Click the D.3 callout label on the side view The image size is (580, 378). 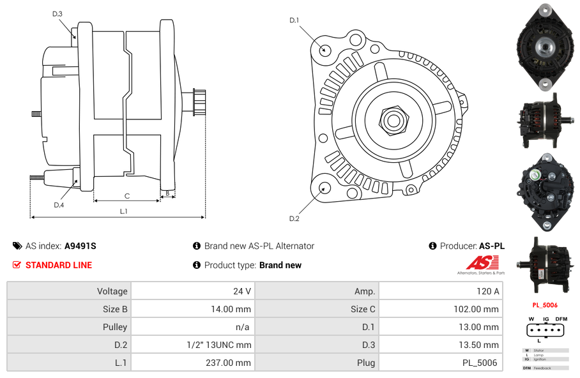coord(57,13)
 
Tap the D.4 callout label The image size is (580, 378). coord(59,205)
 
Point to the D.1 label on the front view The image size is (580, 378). coord(294,20)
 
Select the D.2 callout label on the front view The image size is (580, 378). coord(294,219)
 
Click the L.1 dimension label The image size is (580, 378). coord(124,211)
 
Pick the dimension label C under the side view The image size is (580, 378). coord(127,196)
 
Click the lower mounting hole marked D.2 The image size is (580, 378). coord(324,188)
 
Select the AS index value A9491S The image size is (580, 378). coord(80,246)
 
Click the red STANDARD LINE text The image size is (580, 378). coord(59,265)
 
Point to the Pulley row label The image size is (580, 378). coord(114,327)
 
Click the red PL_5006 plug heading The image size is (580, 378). coord(544,305)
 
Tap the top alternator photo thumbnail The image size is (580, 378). coord(545,48)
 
